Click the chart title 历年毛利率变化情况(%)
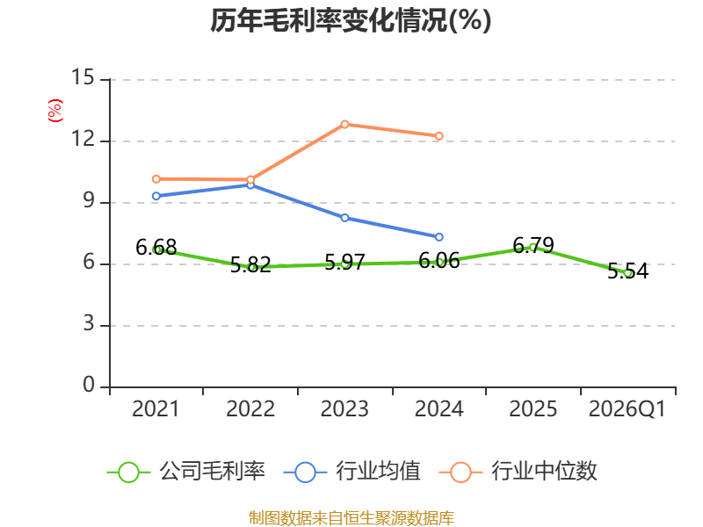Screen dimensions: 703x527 pyautogui.click(x=351, y=20)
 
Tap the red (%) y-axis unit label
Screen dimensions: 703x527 pyautogui.click(x=55, y=111)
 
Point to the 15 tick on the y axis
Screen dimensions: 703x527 pyautogui.click(x=83, y=77)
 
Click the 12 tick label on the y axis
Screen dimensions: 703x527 pyautogui.click(x=83, y=139)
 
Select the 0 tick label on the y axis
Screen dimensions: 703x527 pyautogui.click(x=89, y=385)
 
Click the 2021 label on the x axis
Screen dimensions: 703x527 pyautogui.click(x=156, y=408)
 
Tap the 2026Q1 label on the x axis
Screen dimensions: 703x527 pyautogui.click(x=627, y=408)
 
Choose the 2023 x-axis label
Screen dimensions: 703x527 pyautogui.click(x=344, y=408)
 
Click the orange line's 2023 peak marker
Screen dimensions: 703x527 pyautogui.click(x=344, y=124)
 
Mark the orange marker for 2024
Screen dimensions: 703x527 pyautogui.click(x=438, y=136)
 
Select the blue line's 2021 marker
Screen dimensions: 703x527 pyautogui.click(x=156, y=196)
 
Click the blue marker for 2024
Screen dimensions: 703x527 pyautogui.click(x=438, y=236)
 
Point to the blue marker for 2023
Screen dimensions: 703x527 pyautogui.click(x=344, y=218)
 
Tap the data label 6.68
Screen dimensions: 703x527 pyautogui.click(x=156, y=248)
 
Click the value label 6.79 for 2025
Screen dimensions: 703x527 pyautogui.click(x=533, y=245)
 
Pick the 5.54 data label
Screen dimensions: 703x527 pyautogui.click(x=627, y=271)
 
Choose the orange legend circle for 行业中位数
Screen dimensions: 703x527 pyautogui.click(x=460, y=473)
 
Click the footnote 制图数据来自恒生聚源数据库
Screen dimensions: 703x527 pyautogui.click(x=351, y=518)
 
